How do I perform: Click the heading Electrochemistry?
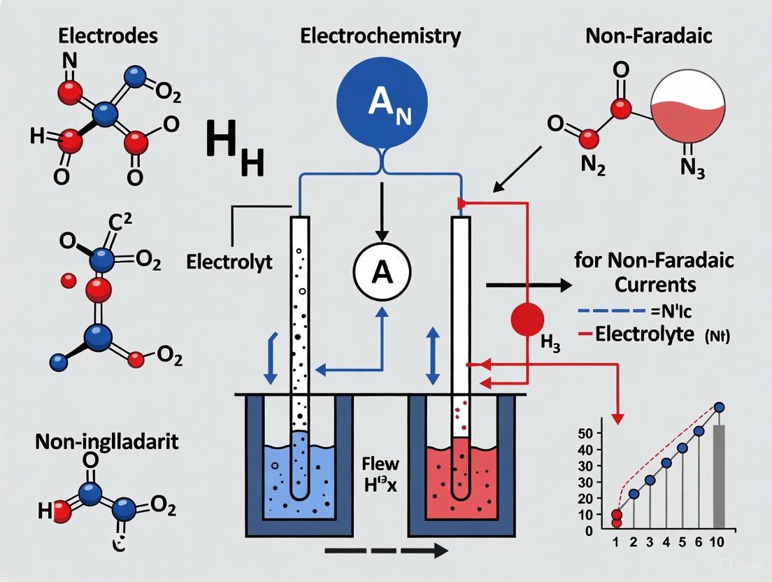(x=380, y=36)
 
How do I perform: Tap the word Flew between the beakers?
(x=380, y=463)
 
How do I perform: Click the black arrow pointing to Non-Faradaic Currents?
(x=528, y=285)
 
